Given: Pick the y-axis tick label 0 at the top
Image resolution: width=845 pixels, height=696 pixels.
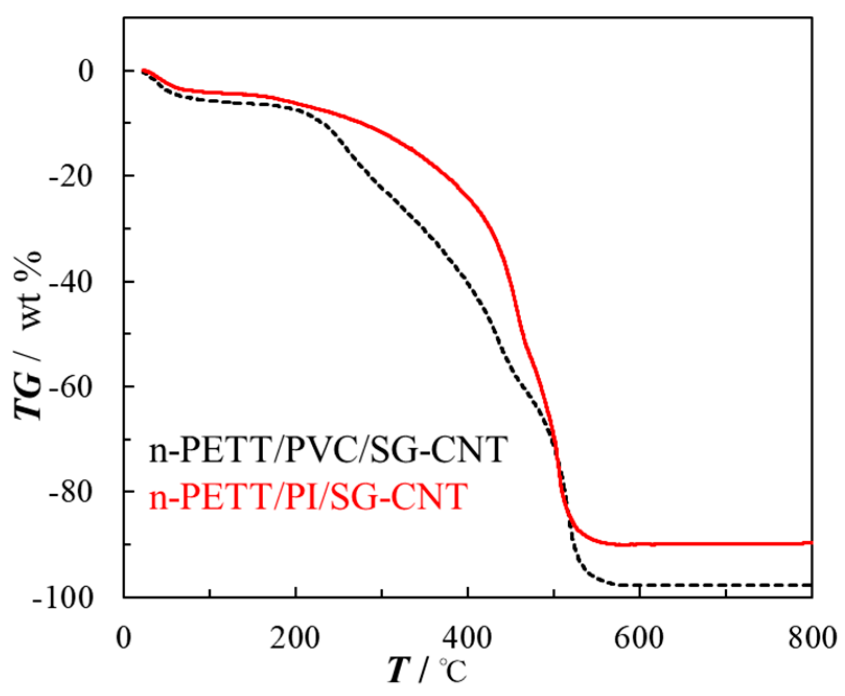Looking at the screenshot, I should pyautogui.click(x=86, y=71).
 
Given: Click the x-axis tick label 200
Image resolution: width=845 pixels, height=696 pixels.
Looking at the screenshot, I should pyautogui.click(x=295, y=638).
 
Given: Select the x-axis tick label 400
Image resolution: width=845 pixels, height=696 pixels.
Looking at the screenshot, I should pyautogui.click(x=467, y=638).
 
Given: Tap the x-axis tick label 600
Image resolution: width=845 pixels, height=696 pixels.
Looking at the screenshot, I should pyautogui.click(x=639, y=638).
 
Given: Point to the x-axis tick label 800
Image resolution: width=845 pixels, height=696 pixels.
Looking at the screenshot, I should pyautogui.click(x=812, y=638).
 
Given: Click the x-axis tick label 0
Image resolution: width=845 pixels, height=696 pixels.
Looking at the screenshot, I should pyautogui.click(x=124, y=638).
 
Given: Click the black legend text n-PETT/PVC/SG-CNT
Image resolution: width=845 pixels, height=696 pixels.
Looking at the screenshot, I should pyautogui.click(x=328, y=449).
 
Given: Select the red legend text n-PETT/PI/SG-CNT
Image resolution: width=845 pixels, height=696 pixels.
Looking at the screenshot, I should pyautogui.click(x=308, y=496).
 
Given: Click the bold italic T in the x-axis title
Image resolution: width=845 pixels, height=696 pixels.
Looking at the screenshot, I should pyautogui.click(x=398, y=670).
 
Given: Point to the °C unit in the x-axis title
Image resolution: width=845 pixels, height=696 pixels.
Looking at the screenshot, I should pyautogui.click(x=452, y=670).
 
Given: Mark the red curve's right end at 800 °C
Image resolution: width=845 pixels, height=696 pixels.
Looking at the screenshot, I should pyautogui.click(x=811, y=543).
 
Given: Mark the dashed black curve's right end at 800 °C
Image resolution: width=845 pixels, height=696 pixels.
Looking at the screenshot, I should pyautogui.click(x=811, y=585).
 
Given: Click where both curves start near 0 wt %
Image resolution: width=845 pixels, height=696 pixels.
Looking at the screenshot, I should pyautogui.click(x=143, y=71).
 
